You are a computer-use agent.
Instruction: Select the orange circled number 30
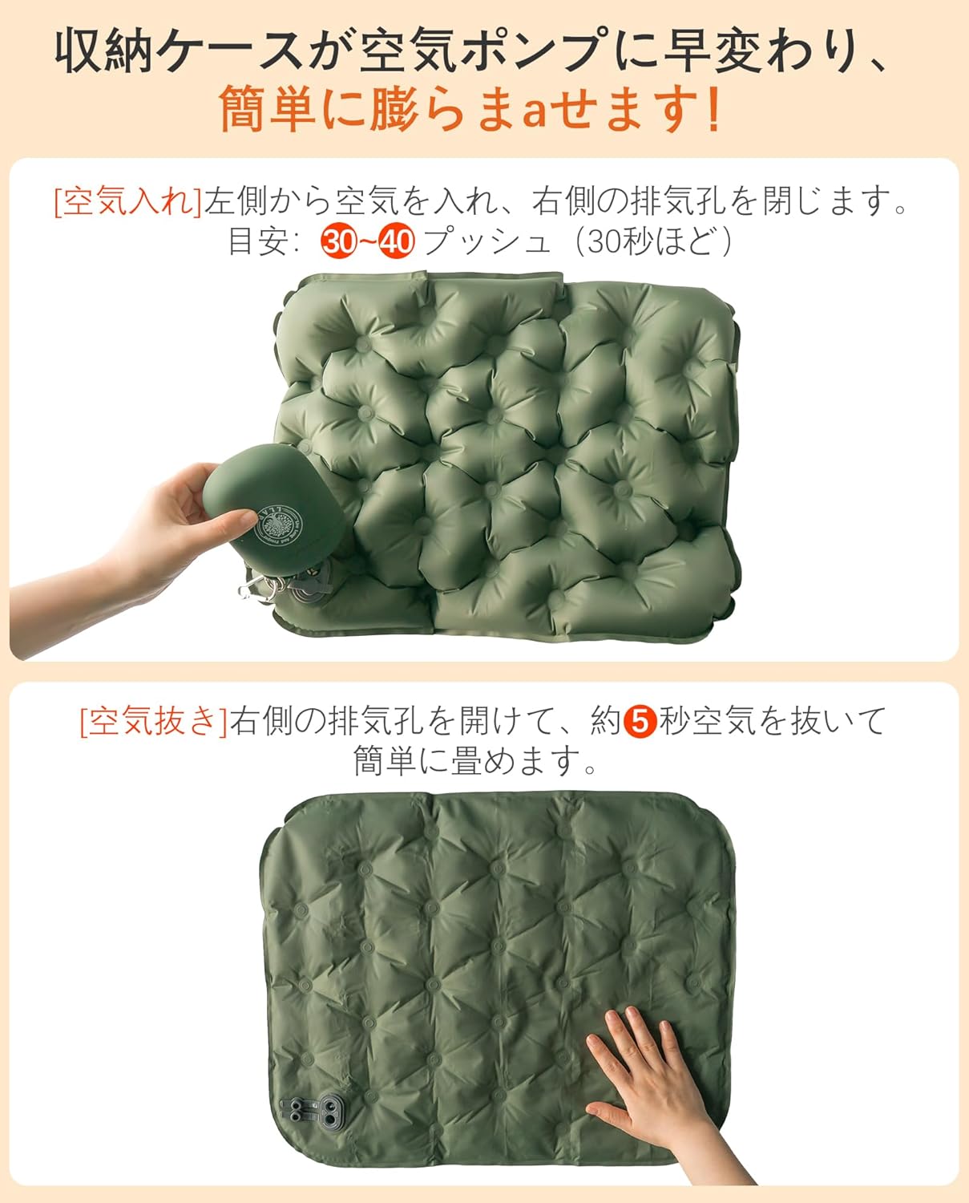point(337,241)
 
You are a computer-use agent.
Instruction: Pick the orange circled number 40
point(396,241)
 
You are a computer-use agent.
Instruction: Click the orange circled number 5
point(640,721)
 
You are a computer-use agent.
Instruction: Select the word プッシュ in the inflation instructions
point(488,241)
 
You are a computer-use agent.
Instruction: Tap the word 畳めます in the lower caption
point(513,760)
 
